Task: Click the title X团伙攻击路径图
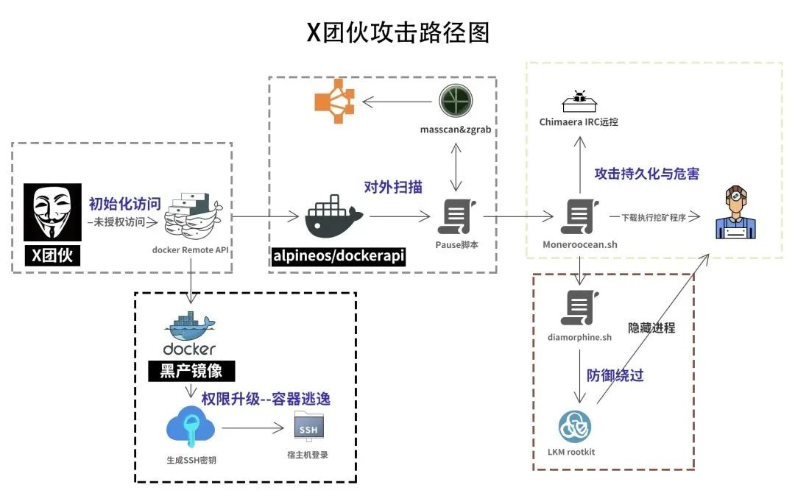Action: [x=397, y=32]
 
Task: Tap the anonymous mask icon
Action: [x=52, y=212]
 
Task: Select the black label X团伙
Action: [x=52, y=256]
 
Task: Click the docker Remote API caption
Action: [x=191, y=249]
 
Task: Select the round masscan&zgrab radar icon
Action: [x=454, y=101]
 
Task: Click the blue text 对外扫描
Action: [x=393, y=187]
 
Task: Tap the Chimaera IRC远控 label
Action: [x=579, y=122]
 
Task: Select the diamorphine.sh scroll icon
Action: [x=579, y=308]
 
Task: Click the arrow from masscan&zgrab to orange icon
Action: [x=397, y=102]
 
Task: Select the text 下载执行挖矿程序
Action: [x=654, y=217]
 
